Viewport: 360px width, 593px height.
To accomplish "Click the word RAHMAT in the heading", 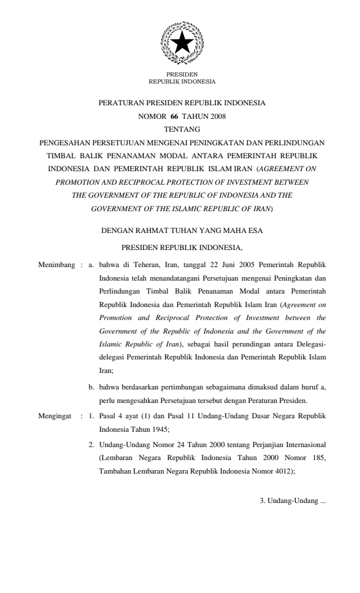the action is pos(150,231).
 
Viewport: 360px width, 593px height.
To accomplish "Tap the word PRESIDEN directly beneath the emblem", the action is pos(182,75).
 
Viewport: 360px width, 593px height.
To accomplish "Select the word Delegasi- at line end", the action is pos(309,343).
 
